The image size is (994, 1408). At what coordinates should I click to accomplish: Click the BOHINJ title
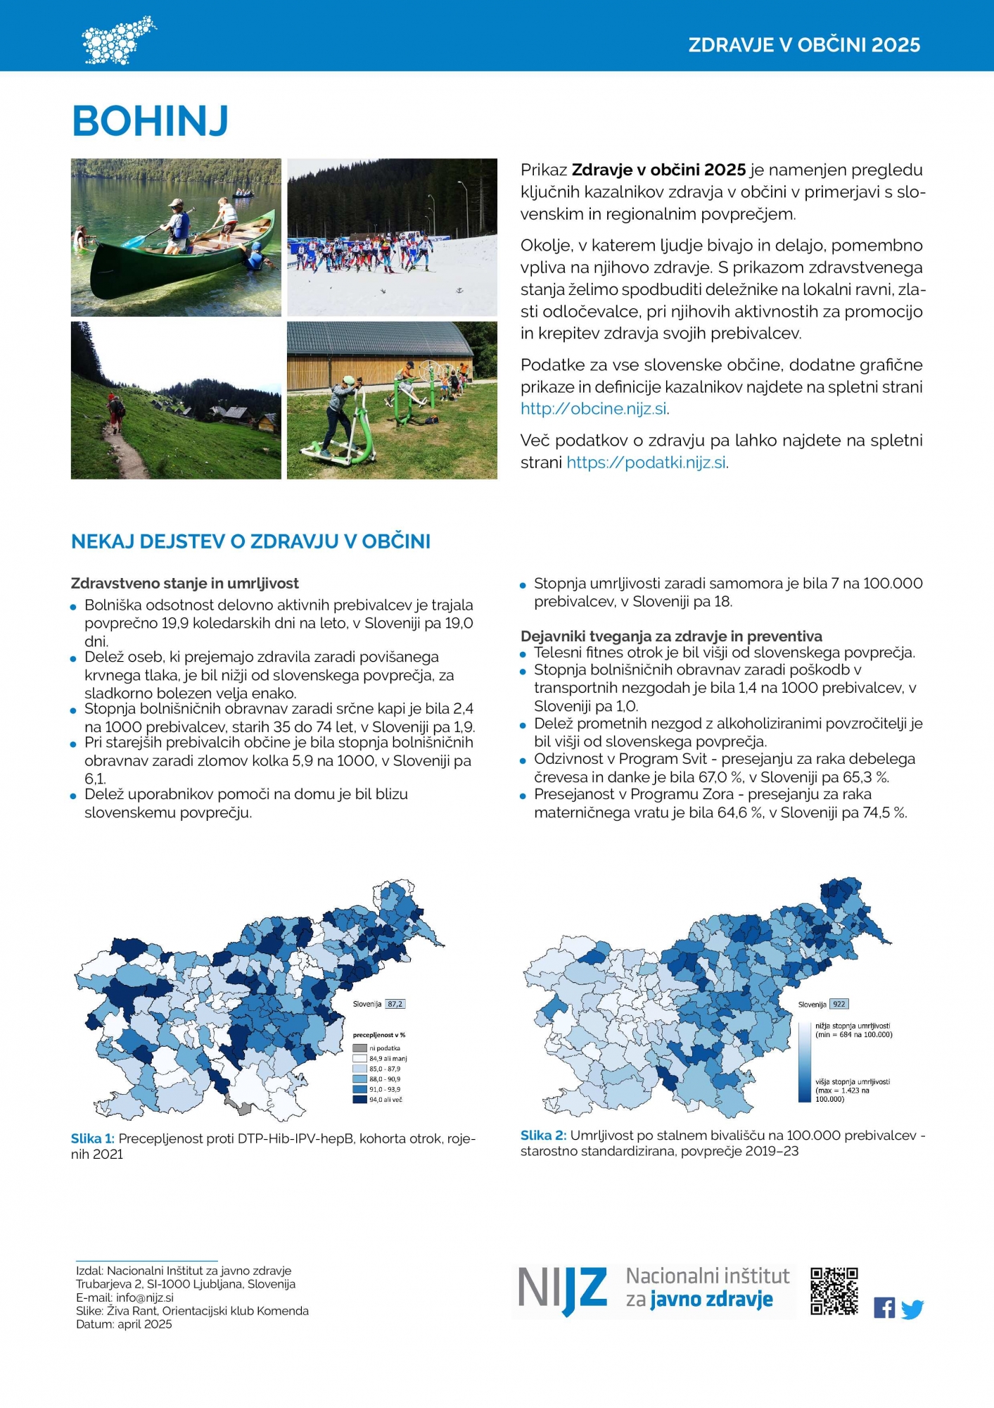151,121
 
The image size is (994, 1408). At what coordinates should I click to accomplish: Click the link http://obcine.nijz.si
594,409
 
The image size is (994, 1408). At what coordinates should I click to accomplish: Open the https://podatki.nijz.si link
646,463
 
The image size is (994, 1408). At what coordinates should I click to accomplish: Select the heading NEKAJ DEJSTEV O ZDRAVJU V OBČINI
250,541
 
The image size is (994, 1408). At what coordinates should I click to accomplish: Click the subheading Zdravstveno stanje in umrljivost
185,583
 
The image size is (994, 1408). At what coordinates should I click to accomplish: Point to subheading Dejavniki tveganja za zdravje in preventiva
671,636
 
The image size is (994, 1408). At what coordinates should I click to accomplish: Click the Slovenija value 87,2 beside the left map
395,1004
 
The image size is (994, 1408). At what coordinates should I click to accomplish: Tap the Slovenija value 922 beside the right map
839,1004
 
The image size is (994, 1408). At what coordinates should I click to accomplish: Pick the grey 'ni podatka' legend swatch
359,1048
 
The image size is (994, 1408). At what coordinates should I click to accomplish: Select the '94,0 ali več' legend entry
385,1100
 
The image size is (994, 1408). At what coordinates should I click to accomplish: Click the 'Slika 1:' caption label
92,1138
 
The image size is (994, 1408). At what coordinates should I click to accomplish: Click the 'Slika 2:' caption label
542,1135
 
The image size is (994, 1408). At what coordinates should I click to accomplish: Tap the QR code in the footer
834,1291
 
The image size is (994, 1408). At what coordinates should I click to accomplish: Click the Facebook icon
884,1308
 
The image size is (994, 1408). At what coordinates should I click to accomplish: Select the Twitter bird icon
912,1309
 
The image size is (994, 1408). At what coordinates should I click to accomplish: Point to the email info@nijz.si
145,1297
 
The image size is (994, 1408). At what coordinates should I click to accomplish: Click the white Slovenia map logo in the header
117,41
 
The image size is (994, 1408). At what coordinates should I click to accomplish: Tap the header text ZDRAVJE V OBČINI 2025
804,45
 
